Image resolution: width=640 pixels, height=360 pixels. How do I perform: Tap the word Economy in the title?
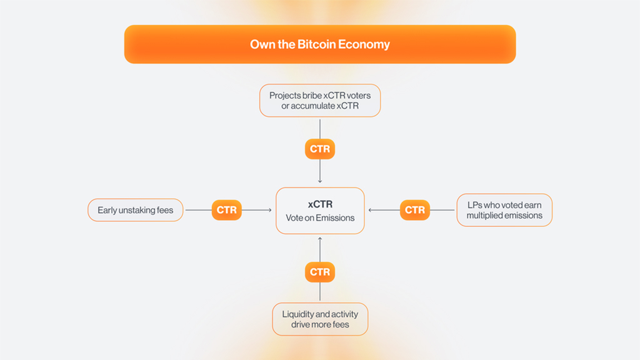point(364,44)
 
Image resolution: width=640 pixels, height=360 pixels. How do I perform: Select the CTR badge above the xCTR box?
point(320,149)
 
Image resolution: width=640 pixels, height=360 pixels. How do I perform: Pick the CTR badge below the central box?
point(320,272)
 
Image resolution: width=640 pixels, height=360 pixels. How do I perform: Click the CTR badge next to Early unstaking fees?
point(226,210)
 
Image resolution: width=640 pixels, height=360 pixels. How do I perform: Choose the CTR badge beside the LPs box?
point(415,210)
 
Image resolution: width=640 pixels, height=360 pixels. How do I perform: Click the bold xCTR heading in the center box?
point(320,204)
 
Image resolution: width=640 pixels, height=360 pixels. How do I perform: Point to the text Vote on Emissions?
point(320,218)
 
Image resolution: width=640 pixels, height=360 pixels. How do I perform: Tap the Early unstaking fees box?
point(136,210)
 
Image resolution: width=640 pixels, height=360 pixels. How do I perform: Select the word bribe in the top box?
point(312,96)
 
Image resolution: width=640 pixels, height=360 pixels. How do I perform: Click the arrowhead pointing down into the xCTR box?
point(320,181)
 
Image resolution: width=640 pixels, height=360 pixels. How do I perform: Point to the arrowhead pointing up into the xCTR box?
point(320,239)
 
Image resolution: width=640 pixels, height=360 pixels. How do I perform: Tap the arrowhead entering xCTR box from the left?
point(270,210)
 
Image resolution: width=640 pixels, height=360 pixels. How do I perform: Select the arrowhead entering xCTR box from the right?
point(370,210)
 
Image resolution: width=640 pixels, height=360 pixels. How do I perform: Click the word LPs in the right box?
point(475,205)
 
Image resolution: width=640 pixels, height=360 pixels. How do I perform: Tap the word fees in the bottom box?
point(341,324)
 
